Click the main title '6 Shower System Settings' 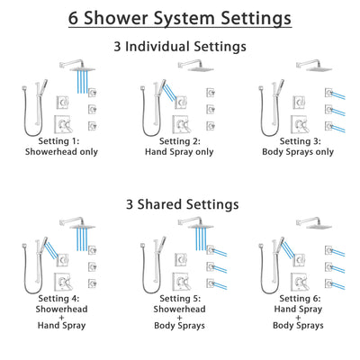pyautogui.click(x=180, y=18)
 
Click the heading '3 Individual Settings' pyautogui.click(x=180, y=46)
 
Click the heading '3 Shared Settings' pyautogui.click(x=180, y=205)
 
